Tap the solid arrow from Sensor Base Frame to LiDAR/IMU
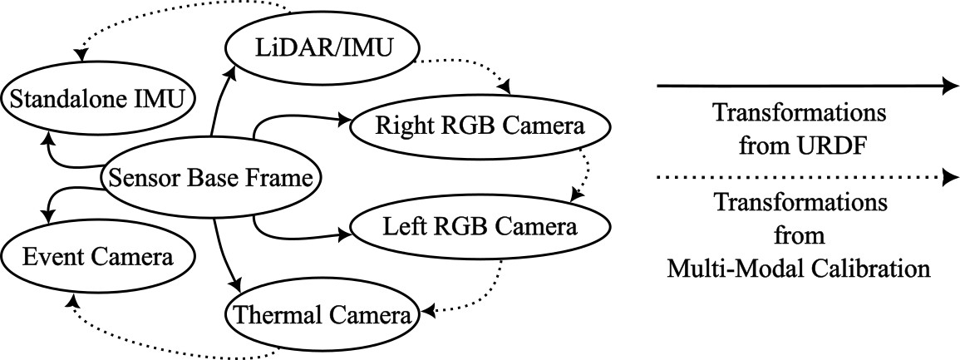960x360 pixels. point(220,104)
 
